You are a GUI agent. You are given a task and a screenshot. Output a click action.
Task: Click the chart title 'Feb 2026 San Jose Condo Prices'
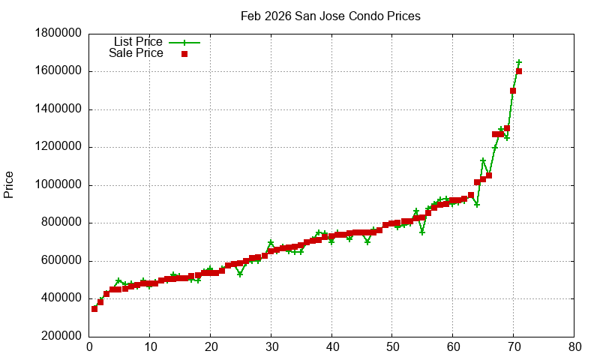coord(330,16)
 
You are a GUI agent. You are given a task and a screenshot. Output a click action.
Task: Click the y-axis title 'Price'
coord(9,184)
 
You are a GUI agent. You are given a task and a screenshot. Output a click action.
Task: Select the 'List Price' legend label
coord(137,42)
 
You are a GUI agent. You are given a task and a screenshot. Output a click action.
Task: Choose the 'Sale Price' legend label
coord(136,53)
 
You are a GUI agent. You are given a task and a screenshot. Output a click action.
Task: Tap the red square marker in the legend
coord(184,53)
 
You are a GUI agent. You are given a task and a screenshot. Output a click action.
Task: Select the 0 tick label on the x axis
coord(89,347)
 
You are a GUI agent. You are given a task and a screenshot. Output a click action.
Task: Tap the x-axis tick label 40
coord(331,347)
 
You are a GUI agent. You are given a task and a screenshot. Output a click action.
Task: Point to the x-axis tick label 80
coord(574,347)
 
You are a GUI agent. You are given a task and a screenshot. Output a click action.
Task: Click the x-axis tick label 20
coord(211,347)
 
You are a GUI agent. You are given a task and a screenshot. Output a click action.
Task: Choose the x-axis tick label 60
coord(453,347)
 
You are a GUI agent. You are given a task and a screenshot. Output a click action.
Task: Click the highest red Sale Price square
coord(519,72)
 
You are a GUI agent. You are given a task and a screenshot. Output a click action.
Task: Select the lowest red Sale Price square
coord(94,308)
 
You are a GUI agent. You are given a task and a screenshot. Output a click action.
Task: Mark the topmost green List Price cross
coord(519,62)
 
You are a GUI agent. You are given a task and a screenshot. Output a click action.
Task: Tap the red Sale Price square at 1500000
coord(513,91)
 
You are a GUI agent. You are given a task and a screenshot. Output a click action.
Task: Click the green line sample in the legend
coord(184,42)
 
